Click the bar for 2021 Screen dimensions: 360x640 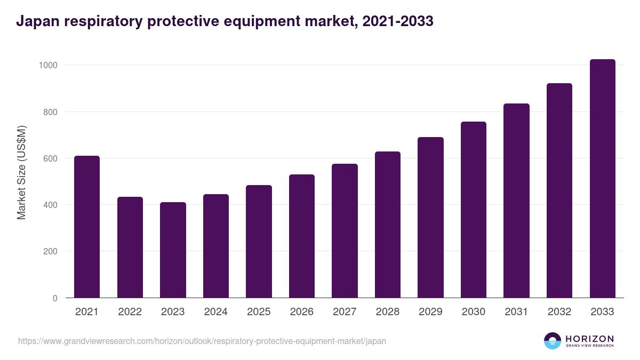(x=87, y=227)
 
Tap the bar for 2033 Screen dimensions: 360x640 (x=602, y=178)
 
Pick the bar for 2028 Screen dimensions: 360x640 (x=388, y=225)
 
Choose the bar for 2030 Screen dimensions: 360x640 (x=474, y=210)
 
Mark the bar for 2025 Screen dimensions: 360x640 (x=259, y=241)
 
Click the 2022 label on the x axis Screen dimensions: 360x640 (x=130, y=312)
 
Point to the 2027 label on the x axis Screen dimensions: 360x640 (x=345, y=312)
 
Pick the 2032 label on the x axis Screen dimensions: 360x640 (x=559, y=312)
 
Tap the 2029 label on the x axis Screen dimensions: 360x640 (x=430, y=312)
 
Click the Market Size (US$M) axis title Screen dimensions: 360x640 (x=22, y=172)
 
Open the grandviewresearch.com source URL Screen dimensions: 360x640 (x=202, y=341)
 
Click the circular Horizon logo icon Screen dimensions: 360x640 (x=553, y=341)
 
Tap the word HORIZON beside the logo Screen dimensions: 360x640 (x=590, y=338)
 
